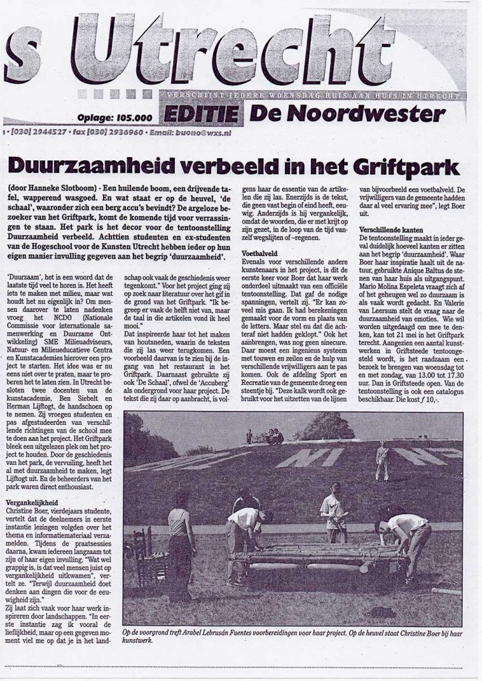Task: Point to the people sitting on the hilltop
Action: pos(273,437)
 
